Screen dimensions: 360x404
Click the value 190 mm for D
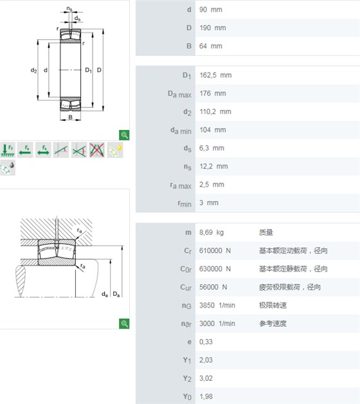(x=212, y=28)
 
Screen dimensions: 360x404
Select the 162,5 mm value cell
(x=215, y=75)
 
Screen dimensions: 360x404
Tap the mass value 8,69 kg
(x=211, y=232)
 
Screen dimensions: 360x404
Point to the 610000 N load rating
(x=215, y=251)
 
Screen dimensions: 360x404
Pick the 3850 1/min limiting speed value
(x=217, y=306)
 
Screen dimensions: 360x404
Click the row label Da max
(x=179, y=94)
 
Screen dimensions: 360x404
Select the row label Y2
(x=187, y=378)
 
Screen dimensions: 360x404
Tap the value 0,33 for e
(x=206, y=342)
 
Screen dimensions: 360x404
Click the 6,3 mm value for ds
(x=212, y=148)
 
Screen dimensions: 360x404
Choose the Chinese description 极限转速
(x=273, y=306)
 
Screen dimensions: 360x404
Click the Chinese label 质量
(x=265, y=232)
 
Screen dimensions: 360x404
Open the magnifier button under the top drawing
(x=124, y=135)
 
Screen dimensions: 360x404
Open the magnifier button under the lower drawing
(x=124, y=324)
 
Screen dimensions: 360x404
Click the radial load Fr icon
(x=8, y=150)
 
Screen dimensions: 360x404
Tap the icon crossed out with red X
(x=97, y=150)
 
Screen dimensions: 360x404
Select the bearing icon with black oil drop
(x=8, y=168)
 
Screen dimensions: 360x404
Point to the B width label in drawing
(x=70, y=117)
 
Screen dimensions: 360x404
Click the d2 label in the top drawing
(x=33, y=70)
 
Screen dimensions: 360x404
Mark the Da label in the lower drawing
(x=116, y=294)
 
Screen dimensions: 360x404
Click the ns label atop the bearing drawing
(x=69, y=9)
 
